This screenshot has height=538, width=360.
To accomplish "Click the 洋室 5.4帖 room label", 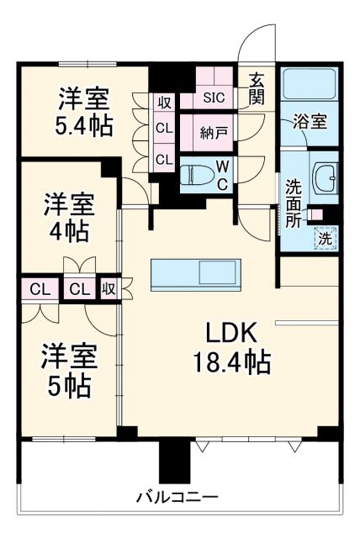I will pyautogui.click(x=84, y=111).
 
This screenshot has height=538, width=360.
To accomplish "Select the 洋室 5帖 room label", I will pyautogui.click(x=70, y=370).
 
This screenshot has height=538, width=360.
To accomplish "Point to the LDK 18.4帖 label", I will pyautogui.click(x=228, y=346).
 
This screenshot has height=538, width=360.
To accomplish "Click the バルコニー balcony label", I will pyautogui.click(x=178, y=496).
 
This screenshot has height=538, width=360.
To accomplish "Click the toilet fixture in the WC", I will pyautogui.click(x=195, y=177).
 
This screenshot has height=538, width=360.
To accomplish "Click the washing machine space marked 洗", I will pyautogui.click(x=325, y=238).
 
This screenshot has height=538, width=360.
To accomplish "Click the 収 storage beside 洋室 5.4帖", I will pyautogui.click(x=164, y=103).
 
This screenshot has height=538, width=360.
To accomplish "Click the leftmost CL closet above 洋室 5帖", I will pyautogui.click(x=39, y=289).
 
